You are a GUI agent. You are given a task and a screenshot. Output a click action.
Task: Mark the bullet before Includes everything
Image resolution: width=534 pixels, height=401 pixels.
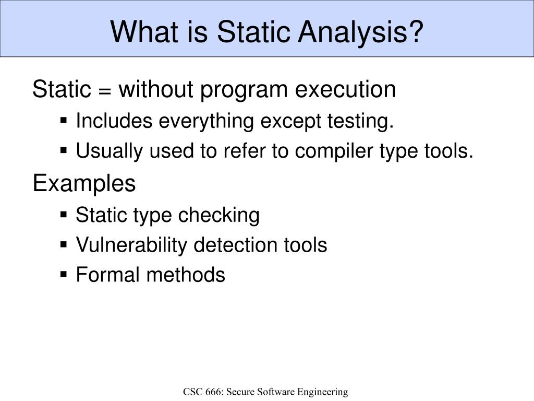pyautogui.click(x=64, y=121)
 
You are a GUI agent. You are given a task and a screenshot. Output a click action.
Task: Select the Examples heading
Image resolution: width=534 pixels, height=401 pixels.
pyautogui.click(x=84, y=184)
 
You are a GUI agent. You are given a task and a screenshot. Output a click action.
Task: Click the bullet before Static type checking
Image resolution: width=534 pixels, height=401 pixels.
pyautogui.click(x=64, y=215)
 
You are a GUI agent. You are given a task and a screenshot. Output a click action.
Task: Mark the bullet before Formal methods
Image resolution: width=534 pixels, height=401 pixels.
pyautogui.click(x=64, y=275)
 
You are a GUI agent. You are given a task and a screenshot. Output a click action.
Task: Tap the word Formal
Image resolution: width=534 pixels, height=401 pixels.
pyautogui.click(x=108, y=275)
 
